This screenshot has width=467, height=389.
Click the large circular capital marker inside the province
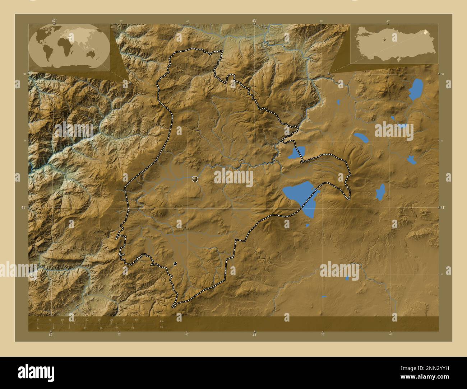195,179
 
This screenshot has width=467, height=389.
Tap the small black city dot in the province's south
175,263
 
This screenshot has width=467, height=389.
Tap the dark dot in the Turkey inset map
384,40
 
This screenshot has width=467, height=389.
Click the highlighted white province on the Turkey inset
426,32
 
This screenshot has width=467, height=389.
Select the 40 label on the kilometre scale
136,319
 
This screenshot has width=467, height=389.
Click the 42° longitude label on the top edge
54,21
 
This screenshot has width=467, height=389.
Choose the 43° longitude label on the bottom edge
254,335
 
